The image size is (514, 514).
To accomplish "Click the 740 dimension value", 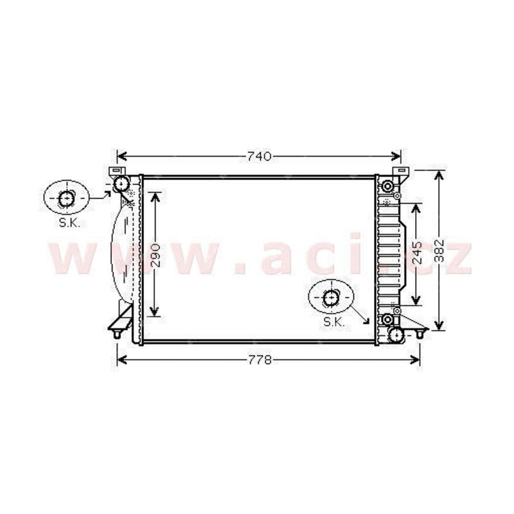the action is (x=260, y=156).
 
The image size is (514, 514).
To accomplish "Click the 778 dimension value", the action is (x=260, y=360).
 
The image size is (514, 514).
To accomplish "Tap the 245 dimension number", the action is (x=417, y=253).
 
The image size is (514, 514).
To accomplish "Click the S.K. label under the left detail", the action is (x=69, y=223).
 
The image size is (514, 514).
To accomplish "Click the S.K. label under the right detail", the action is (x=334, y=323).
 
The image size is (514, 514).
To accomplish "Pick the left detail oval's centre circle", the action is (x=66, y=198).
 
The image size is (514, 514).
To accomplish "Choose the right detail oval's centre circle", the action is (x=331, y=298).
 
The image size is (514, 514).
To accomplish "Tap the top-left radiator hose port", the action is (x=121, y=184).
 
